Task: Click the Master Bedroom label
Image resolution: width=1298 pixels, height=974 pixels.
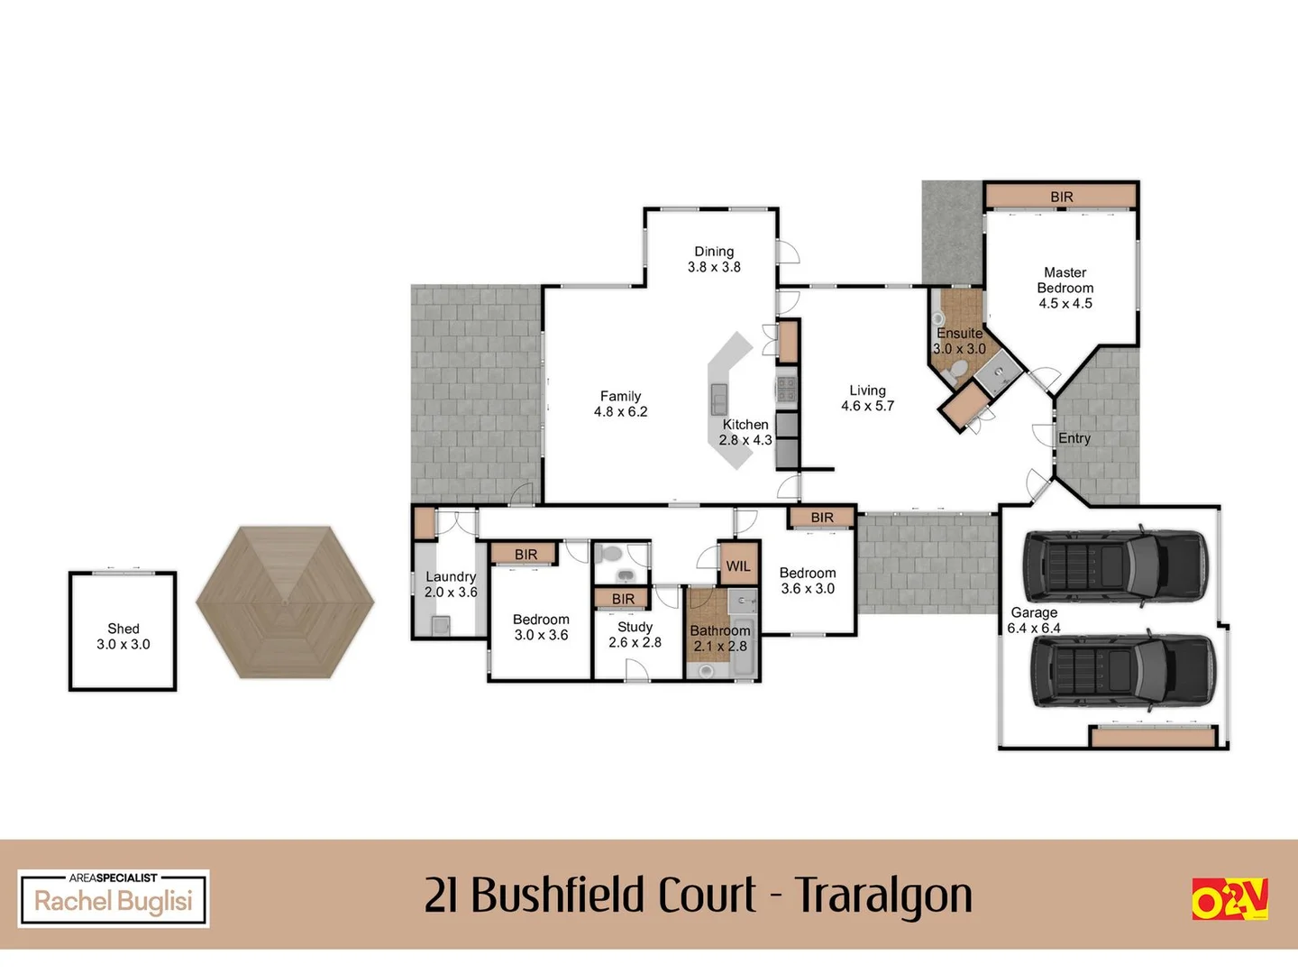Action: [1065, 288]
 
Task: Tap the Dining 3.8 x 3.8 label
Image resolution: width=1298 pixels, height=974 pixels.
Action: [714, 260]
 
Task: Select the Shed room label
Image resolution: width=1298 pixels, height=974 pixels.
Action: [123, 636]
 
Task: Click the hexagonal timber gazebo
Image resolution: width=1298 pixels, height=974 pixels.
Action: [285, 602]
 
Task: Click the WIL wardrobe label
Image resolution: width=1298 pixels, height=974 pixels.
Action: [737, 566]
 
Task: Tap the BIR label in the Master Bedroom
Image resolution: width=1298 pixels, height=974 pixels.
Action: [1061, 197]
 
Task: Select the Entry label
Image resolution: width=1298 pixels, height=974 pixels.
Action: [1074, 438]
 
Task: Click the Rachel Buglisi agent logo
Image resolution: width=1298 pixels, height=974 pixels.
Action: [114, 898]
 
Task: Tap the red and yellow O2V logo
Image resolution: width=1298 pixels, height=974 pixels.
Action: [1229, 898]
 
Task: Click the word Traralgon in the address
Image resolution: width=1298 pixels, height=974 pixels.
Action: [883, 896]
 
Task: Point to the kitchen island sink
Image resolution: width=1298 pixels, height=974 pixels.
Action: [719, 395]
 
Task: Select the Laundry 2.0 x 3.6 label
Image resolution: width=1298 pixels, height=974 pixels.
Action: [451, 584]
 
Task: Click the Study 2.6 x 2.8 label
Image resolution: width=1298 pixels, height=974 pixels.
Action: [635, 635]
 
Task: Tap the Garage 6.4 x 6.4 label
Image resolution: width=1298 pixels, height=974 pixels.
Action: [1034, 620]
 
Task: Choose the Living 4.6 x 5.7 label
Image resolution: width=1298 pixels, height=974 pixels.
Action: [867, 398]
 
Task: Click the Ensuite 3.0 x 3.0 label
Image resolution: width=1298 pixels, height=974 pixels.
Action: [959, 341]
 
